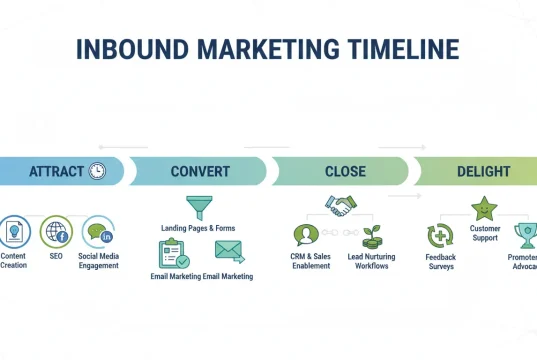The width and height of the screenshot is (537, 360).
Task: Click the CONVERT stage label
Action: (x=199, y=171)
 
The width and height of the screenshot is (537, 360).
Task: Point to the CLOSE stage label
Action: (x=345, y=171)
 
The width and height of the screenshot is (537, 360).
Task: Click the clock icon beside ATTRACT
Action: (x=98, y=171)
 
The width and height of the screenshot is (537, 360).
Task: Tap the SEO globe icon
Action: (x=56, y=233)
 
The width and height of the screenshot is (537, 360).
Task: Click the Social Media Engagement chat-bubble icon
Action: (x=98, y=233)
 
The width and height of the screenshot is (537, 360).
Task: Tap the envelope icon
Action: (x=229, y=250)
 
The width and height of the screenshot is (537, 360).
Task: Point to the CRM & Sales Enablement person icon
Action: (x=305, y=236)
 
